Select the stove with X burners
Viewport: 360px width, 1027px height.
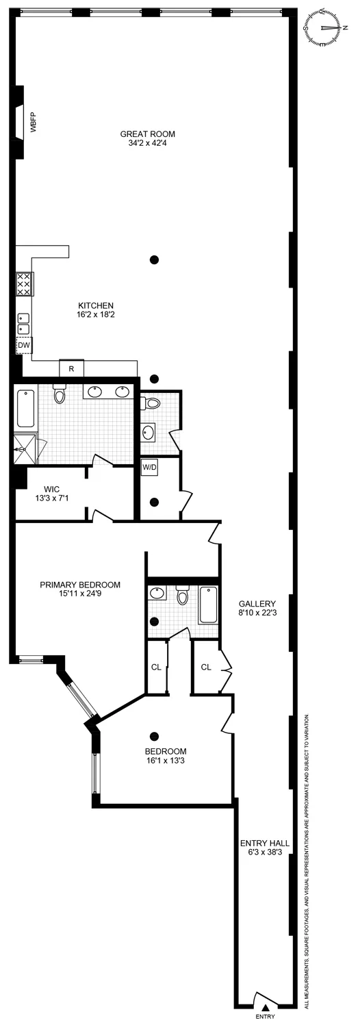[23, 284]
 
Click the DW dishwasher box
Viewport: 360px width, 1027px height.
[24, 346]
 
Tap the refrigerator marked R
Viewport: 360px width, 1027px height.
[71, 369]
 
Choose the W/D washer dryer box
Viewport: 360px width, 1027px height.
[149, 468]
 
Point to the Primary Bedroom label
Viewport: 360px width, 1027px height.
[80, 585]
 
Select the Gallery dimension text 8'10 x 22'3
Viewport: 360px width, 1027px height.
[257, 613]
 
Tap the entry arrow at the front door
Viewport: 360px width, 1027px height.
[265, 1006]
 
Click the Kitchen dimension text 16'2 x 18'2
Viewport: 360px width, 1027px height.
[95, 316]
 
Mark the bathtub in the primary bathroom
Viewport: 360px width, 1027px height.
[25, 408]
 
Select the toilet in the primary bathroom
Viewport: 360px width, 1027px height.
[60, 395]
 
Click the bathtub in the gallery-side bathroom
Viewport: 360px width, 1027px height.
[208, 605]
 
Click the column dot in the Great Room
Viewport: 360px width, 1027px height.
[155, 259]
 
